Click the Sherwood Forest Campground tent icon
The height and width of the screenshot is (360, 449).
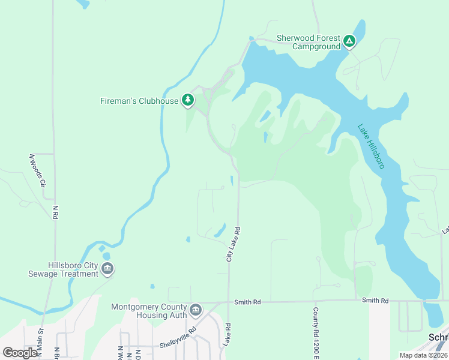(x=349, y=41)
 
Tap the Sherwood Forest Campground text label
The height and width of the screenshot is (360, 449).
(x=308, y=42)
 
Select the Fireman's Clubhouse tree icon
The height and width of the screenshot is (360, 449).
(x=188, y=100)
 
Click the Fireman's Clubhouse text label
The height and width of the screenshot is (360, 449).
(x=139, y=101)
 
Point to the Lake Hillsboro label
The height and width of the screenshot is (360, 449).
(x=370, y=146)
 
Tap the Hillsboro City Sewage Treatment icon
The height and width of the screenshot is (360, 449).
(x=107, y=269)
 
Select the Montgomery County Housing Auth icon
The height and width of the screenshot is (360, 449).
(x=195, y=310)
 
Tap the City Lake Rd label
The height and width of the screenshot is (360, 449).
(x=233, y=244)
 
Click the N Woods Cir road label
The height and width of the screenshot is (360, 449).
(x=37, y=171)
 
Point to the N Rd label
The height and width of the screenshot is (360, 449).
(x=56, y=211)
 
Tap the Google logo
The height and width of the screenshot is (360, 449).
(x=20, y=352)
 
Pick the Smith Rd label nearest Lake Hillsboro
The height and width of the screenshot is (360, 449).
(x=375, y=301)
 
